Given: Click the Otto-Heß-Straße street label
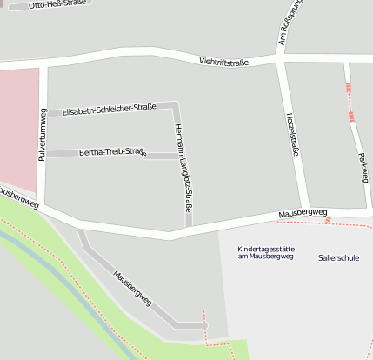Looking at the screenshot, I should pos(57,5).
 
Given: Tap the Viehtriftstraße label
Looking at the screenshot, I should pos(223,62).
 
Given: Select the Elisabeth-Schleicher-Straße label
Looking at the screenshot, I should pos(109,110).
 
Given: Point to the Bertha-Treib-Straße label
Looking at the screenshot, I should pos(112,153).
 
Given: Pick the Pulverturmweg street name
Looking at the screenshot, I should pos(42,135).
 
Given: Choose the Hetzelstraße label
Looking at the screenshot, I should pos(293,135).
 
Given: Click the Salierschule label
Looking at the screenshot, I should pos(338,258).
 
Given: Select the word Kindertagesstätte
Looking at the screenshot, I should pos(266,250).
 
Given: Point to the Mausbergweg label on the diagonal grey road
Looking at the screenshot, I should pos(132,289).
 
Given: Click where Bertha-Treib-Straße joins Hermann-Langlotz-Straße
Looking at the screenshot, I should pos(178,155).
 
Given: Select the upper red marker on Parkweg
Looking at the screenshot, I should pos(349,88).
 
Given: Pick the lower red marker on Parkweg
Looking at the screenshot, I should pos(351,116).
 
